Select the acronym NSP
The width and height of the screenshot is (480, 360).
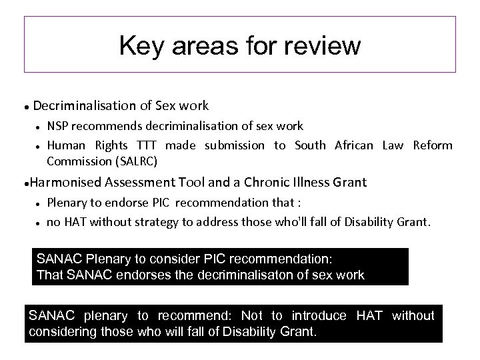(57, 126)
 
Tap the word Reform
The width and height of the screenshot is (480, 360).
(432, 145)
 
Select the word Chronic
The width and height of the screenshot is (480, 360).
(272, 182)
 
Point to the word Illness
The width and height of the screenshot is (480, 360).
(319, 182)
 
